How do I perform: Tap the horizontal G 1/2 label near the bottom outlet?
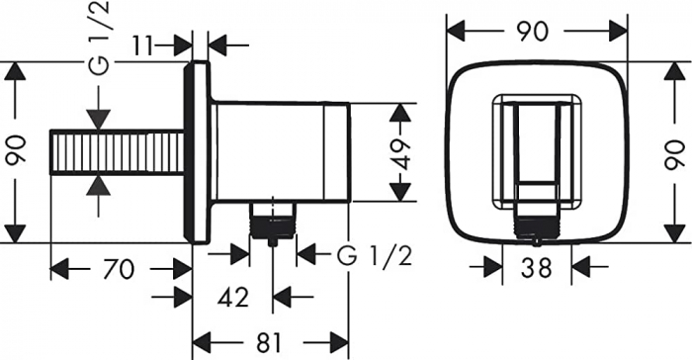374,254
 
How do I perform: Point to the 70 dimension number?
120,268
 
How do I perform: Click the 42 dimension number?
231,295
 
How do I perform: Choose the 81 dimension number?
268,342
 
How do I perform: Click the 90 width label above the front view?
534,31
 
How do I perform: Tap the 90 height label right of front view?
674,152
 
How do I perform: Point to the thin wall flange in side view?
199,152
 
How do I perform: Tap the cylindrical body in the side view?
282,150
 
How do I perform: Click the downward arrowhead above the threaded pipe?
96,118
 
